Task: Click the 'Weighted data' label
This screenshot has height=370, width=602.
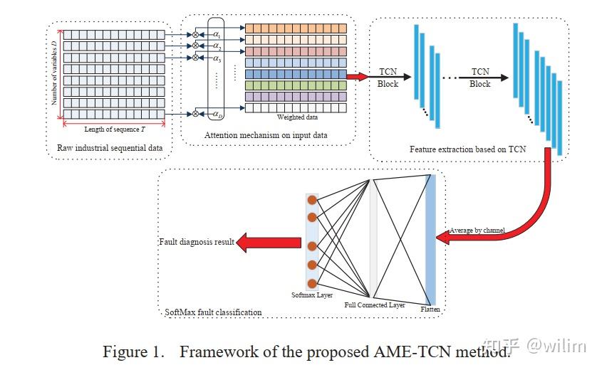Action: click(296, 117)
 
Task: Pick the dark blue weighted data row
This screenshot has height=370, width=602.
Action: click(296, 74)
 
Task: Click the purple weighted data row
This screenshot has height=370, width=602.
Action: click(296, 96)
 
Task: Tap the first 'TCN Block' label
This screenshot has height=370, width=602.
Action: click(388, 78)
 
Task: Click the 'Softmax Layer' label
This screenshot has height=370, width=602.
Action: click(312, 294)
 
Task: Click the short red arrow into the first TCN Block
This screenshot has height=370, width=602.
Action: click(357, 76)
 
